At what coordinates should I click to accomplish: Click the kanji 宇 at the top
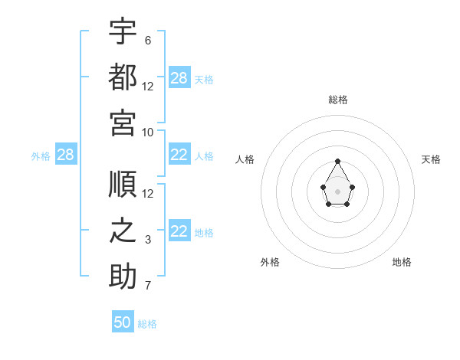(123, 31)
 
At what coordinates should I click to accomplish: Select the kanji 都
(123, 77)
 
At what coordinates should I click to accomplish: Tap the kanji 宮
(123, 123)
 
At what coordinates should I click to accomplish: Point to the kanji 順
(123, 184)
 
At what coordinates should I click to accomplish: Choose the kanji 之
(123, 230)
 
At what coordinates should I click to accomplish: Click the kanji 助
(123, 276)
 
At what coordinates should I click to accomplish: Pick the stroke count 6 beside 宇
(148, 41)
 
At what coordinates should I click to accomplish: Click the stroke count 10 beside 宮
(147, 133)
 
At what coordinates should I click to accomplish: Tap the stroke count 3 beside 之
(148, 240)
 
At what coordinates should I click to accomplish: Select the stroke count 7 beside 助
(148, 286)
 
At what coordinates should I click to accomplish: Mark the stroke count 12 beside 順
(147, 194)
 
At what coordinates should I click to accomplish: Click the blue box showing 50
(123, 321)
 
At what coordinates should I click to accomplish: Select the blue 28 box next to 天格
(180, 77)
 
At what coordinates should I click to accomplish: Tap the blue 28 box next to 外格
(66, 154)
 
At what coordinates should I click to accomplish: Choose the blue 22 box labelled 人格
(180, 154)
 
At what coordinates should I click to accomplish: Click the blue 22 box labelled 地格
(180, 230)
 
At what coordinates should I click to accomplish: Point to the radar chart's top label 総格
(338, 100)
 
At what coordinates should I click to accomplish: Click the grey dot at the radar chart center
(337, 191)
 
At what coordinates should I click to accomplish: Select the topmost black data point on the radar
(337, 162)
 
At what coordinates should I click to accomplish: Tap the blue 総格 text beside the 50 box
(147, 324)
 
